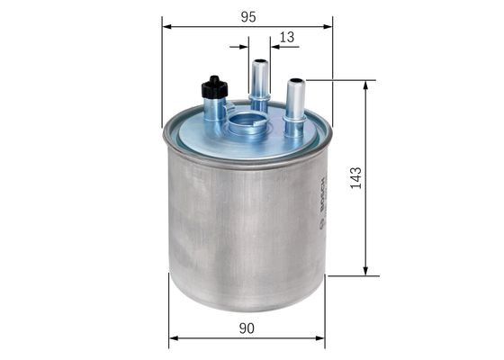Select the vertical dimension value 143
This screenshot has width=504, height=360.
coord(356,177)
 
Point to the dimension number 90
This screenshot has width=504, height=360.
coord(247,329)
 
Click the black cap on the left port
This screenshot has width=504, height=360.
coord(213,88)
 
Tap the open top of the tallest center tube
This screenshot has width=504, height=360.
coord(260,64)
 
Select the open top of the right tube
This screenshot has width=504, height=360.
coord(295,83)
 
